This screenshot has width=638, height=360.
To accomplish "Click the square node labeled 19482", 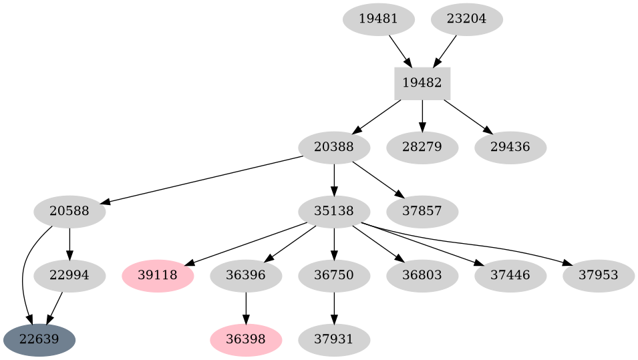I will point(422,83).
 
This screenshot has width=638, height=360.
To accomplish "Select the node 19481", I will point(378,19).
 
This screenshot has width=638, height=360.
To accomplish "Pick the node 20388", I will point(333,147).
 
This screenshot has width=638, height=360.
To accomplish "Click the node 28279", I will point(422,147).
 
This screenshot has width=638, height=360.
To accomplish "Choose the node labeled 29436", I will point(510,147).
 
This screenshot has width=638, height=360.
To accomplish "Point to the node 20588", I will point(69,212).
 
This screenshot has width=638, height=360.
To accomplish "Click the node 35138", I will point(333,212).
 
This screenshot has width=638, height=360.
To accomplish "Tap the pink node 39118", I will point(158,275).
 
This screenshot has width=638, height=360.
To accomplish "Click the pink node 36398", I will point(246,340).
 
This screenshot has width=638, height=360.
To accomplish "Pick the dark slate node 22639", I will point(39,340).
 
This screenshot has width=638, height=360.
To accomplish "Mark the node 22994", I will point(69,275).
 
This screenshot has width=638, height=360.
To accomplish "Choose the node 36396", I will point(246,275).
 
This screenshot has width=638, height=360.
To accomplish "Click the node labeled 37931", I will point(333,340).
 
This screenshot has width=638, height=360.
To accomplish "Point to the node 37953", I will point(599,275).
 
